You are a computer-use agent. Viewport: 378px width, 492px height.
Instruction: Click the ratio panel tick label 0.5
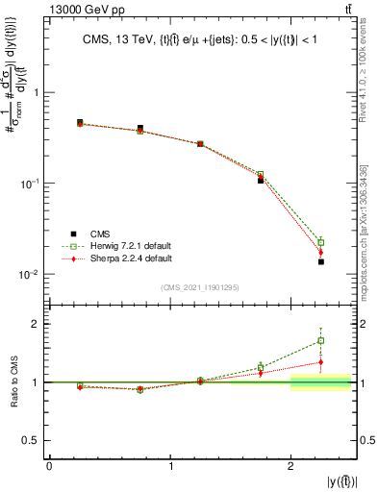pos(30,440)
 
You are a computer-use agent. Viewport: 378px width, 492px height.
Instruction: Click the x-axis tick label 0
pos(49,466)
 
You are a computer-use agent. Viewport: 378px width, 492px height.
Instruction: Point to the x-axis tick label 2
pos(290,466)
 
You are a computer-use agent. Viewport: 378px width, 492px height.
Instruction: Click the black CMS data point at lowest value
pos(321,261)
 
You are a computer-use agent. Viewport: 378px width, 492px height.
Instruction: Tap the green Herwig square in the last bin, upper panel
pos(321,242)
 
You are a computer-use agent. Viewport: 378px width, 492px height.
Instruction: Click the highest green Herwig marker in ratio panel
pos(321,340)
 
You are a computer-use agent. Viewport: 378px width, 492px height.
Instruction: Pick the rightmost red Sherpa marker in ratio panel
pos(321,362)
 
